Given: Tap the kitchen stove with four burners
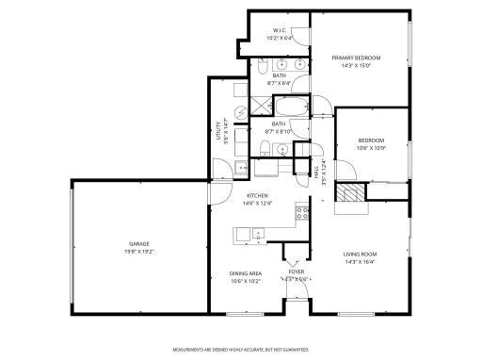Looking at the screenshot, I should coord(303,212).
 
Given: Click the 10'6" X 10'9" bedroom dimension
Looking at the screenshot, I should coord(371,146).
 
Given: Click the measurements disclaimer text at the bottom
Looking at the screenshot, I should coord(241,351).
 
